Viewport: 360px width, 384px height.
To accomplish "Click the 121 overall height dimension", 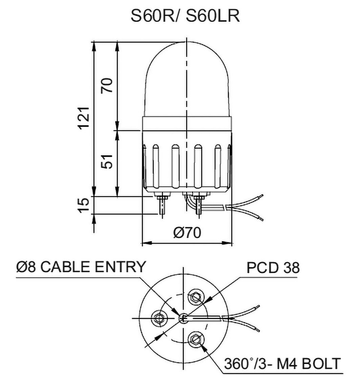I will click(x=85, y=117).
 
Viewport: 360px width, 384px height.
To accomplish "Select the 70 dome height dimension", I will click(x=107, y=86).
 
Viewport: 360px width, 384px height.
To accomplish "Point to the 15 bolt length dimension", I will click(x=85, y=205).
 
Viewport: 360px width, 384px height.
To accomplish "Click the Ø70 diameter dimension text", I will click(x=187, y=233).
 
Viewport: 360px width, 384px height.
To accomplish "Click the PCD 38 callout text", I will click(x=273, y=268).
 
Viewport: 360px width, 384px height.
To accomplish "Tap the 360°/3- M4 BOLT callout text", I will click(x=282, y=363).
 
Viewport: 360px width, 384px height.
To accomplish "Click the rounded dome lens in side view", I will click(x=187, y=81).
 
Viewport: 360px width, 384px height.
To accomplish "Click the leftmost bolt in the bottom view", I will click(x=157, y=319).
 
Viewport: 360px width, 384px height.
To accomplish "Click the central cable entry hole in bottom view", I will click(x=183, y=319).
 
